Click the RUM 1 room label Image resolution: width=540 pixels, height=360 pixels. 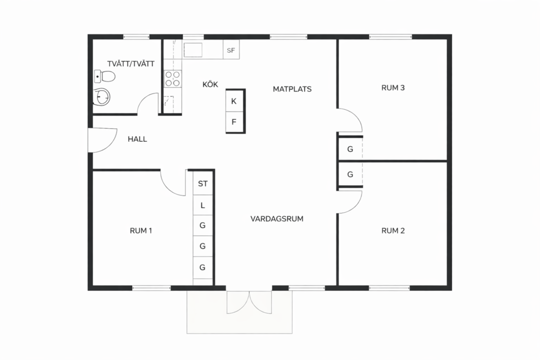tap(141, 231)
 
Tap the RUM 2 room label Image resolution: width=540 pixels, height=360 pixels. tap(393, 231)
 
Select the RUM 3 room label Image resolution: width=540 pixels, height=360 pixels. tap(393, 88)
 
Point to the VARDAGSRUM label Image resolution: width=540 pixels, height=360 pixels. tap(277, 219)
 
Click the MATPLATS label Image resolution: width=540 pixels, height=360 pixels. tap(292, 89)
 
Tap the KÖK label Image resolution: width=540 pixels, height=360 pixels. tap(210, 84)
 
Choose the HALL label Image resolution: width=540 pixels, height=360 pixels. tap(137, 139)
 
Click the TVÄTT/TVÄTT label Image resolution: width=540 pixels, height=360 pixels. tap(131, 64)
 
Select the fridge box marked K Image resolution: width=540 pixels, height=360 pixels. tap(234, 101)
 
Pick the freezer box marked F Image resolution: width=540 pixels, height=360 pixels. tap(234, 122)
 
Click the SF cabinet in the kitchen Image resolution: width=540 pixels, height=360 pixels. tap(231, 50)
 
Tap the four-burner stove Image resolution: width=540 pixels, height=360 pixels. tap(173, 78)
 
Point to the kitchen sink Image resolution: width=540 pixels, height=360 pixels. tap(193, 50)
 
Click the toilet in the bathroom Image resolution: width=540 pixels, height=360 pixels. tap(105, 76)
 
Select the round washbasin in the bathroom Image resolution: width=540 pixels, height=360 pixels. tap(102, 96)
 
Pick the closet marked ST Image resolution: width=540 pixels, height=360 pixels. tap(202, 183)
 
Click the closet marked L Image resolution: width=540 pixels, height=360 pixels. tap(202, 205)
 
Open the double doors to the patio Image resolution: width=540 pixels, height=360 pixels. tap(249, 302)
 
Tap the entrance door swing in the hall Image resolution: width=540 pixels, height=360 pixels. tap(102, 140)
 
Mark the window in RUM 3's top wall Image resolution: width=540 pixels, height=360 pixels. tap(390, 37)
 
